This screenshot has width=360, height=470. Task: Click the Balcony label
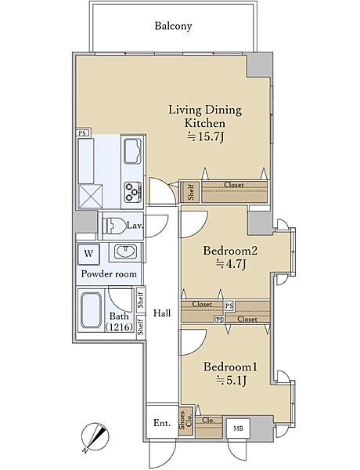pyautogui.click(x=173, y=26)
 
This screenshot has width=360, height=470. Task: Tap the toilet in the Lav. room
pyautogui.click(x=113, y=226)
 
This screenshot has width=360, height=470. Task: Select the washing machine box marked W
pyautogui.click(x=88, y=254)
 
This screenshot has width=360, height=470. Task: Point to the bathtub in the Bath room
pyautogui.click(x=91, y=310)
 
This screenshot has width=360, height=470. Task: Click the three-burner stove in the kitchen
pyautogui.click(x=133, y=192)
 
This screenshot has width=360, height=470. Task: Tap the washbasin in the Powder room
pyautogui.click(x=126, y=251)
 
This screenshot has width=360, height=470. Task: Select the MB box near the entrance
pyautogui.click(x=238, y=428)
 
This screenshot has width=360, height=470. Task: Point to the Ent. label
pyautogui.click(x=162, y=423)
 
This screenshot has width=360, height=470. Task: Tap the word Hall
pyautogui.click(x=162, y=313)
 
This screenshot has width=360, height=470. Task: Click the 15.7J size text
pyautogui.click(x=206, y=137)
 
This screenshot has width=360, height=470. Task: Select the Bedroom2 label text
pyautogui.click(x=230, y=251)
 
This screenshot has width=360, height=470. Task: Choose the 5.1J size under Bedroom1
pyautogui.click(x=231, y=381)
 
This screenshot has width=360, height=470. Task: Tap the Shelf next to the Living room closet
pyautogui.click(x=190, y=192)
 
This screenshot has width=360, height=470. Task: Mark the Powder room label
pyautogui.click(x=109, y=274)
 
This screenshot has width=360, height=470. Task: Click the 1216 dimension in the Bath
pyautogui.click(x=119, y=327)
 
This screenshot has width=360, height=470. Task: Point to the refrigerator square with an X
pyautogui.click(x=90, y=197)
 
